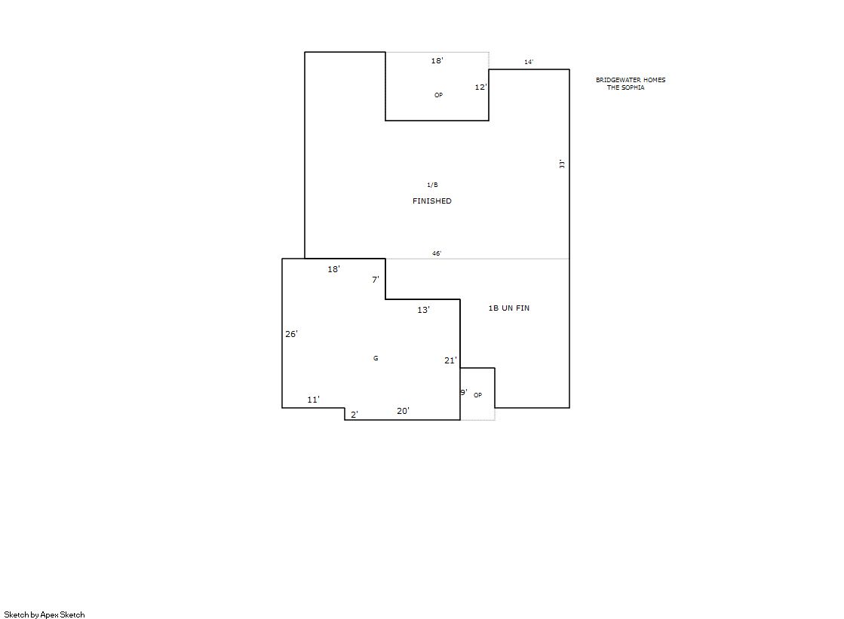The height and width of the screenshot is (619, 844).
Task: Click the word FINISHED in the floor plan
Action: pyautogui.click(x=431, y=201)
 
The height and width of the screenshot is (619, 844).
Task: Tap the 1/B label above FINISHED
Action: pyautogui.click(x=432, y=185)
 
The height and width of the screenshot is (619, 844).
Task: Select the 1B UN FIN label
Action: pyautogui.click(x=508, y=308)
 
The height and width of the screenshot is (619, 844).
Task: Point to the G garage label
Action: pyautogui.click(x=376, y=358)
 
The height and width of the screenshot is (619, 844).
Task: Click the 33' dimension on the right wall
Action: pyautogui.click(x=562, y=164)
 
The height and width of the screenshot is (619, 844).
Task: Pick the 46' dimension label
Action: pyautogui.click(x=437, y=253)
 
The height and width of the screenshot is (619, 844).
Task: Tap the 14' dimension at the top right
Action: pyautogui.click(x=529, y=62)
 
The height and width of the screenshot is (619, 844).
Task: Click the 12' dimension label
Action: pyautogui.click(x=480, y=87)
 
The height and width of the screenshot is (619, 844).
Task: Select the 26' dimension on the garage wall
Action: pyautogui.click(x=291, y=334)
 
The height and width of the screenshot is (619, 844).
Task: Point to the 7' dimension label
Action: pyautogui.click(x=375, y=280)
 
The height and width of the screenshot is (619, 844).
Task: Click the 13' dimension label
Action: pyautogui.click(x=423, y=309)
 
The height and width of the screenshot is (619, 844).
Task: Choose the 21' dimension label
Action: pyautogui.click(x=450, y=360)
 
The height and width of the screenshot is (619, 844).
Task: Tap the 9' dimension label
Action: pyautogui.click(x=463, y=392)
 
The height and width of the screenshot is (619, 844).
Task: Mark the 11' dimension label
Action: pyautogui.click(x=313, y=400)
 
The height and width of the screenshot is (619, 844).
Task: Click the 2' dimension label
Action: pyautogui.click(x=354, y=415)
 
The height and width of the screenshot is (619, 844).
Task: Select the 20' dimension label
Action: pyautogui.click(x=403, y=411)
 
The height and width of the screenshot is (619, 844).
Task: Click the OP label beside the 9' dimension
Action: pyautogui.click(x=477, y=395)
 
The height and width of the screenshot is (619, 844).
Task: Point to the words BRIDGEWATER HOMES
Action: pyautogui.click(x=631, y=80)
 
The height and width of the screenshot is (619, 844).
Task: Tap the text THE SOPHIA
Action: pyautogui.click(x=625, y=87)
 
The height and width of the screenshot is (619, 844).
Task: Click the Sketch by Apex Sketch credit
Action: pyautogui.click(x=45, y=614)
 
